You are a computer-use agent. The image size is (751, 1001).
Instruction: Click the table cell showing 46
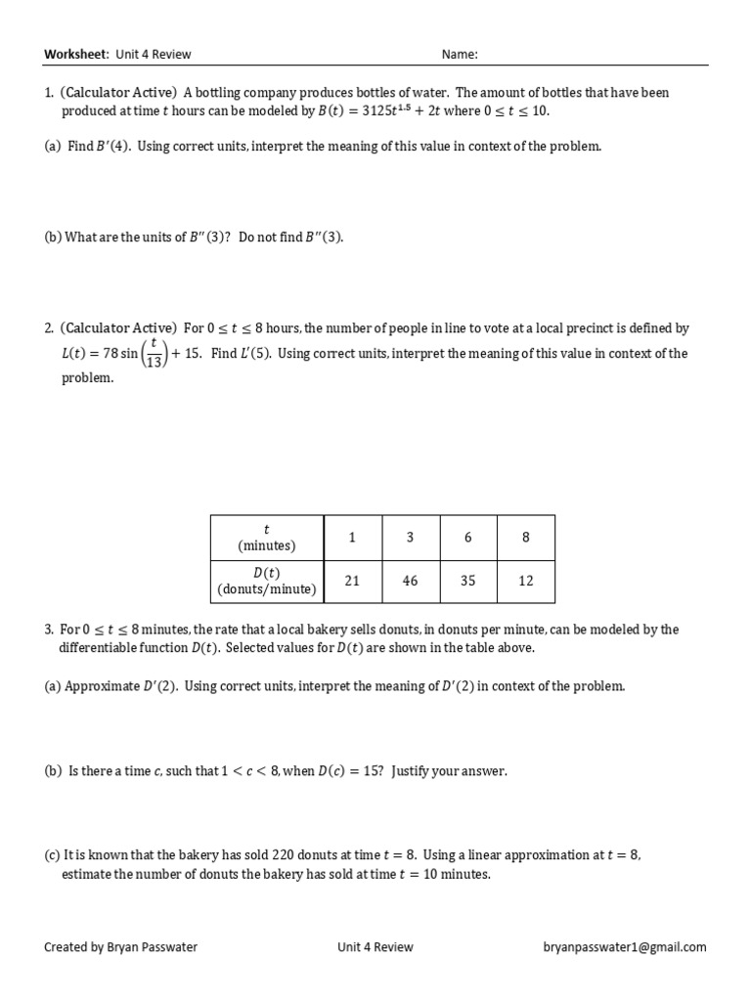point(410,581)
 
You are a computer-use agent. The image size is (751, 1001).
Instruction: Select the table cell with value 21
point(352,581)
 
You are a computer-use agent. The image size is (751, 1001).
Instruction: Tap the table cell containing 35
point(467,581)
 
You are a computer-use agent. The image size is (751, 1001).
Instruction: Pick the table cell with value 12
point(526,581)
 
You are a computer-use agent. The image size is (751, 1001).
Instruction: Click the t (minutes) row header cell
point(267,538)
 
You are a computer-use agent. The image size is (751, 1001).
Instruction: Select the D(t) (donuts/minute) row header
point(267,581)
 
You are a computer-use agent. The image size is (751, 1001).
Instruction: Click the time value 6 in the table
point(467,538)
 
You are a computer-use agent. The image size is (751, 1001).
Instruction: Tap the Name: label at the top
point(460,55)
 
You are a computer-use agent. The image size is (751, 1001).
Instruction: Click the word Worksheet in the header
point(76,55)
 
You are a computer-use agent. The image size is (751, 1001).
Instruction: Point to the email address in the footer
point(625,946)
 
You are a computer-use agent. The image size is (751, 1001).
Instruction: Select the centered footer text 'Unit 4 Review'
point(375,946)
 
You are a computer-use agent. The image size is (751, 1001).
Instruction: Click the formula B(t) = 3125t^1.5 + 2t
point(376,110)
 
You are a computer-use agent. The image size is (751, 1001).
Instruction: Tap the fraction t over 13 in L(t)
point(154,354)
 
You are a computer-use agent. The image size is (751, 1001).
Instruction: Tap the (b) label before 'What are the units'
point(53,238)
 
